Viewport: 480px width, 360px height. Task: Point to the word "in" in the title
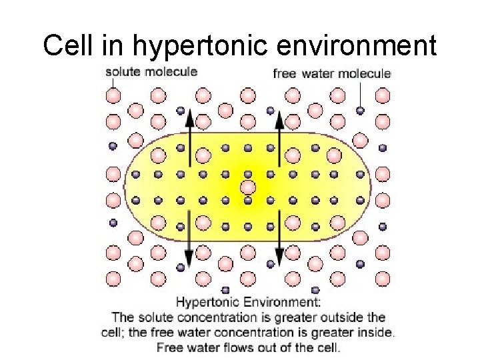pos(113,45)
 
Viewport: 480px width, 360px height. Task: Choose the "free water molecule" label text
pos(332,73)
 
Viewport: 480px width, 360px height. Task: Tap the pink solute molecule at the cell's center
pos(248,187)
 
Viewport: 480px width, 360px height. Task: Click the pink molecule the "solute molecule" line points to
pos(114,96)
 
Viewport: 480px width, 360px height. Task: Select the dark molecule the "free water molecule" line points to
pos(361,110)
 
